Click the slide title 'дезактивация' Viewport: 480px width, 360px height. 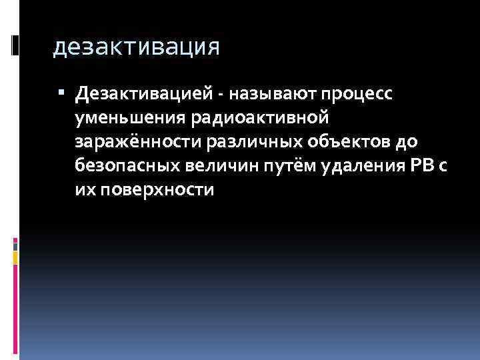coord(136,47)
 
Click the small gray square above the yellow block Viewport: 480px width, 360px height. coord(15,245)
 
